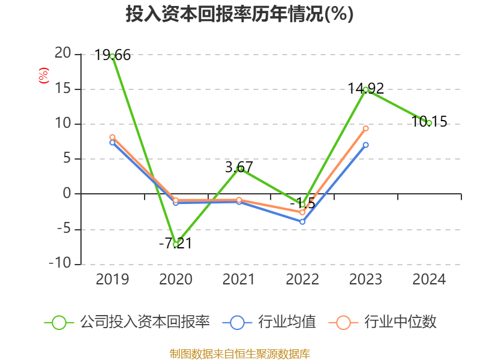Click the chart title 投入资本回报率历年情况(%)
click(x=239, y=14)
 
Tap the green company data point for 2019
click(x=112, y=56)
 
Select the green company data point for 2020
click(x=175, y=244)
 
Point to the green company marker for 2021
click(x=239, y=169)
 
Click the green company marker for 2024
click(x=429, y=123)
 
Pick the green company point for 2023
click(x=365, y=89)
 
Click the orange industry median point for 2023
click(x=365, y=128)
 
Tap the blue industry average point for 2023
click(x=365, y=145)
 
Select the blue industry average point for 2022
click(x=302, y=222)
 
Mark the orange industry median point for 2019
click(x=112, y=137)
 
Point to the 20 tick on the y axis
click(x=62, y=54)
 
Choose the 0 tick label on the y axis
click(x=66, y=194)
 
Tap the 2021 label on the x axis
click(x=239, y=280)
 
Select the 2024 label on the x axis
click(x=429, y=280)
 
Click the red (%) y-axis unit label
click(x=43, y=76)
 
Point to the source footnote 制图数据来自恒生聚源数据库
click(x=239, y=353)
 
